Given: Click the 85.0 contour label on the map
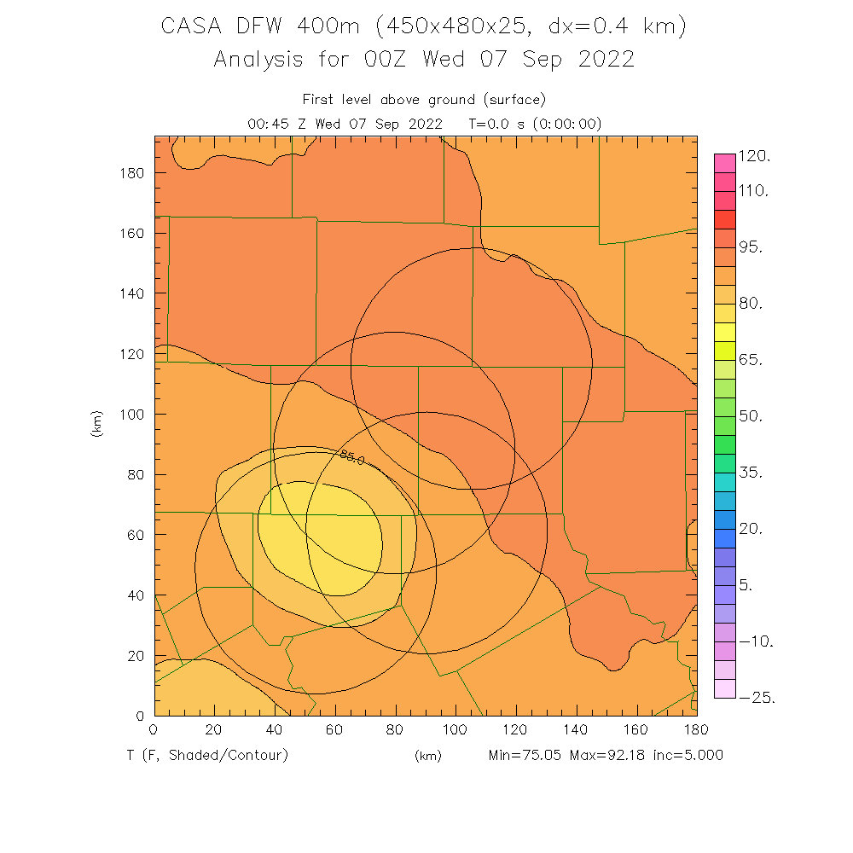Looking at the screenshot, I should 352,458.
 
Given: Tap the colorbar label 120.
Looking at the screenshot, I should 754,156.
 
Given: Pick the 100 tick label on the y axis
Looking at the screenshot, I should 131,415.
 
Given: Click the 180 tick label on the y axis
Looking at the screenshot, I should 131,173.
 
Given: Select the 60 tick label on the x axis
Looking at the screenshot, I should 334,731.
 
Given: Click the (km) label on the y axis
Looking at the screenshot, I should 96,424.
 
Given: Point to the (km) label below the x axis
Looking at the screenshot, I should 427,756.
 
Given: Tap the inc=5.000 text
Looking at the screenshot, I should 687,755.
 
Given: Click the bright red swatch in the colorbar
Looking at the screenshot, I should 724,218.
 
